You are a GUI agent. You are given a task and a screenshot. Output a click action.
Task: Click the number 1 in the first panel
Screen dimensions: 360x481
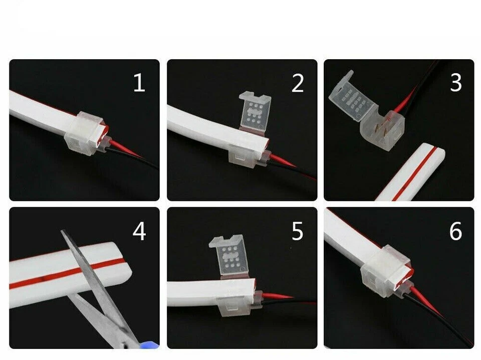[x=139, y=83]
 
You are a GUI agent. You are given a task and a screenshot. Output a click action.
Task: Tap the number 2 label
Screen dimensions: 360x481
[x=298, y=83]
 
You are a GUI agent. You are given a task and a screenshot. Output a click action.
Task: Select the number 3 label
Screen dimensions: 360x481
[x=455, y=83]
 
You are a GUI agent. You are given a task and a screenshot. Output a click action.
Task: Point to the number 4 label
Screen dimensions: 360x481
[x=139, y=232]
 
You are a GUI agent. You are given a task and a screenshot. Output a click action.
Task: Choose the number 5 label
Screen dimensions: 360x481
[x=298, y=232]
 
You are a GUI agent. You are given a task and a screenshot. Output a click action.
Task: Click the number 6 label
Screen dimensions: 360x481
[x=455, y=232]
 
